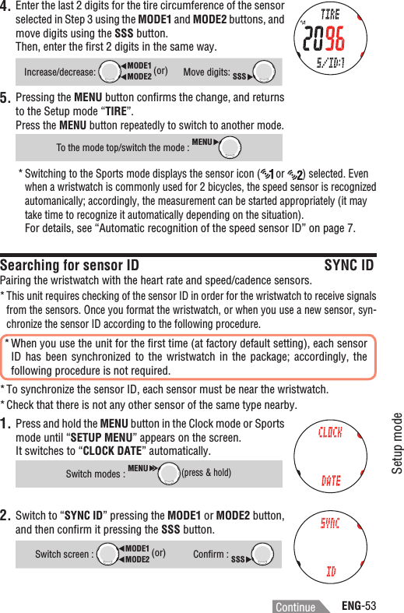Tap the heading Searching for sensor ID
[x=70, y=266]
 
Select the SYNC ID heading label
[x=348, y=266]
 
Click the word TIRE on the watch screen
[x=330, y=15]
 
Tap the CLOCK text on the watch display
[x=331, y=433]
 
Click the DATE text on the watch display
[x=331, y=481]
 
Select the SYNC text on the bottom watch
[x=330, y=523]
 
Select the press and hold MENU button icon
[x=167, y=473]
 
